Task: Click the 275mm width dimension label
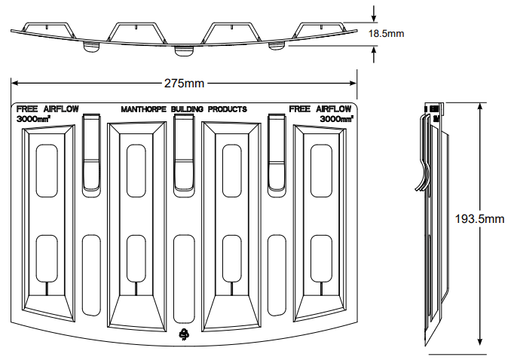click(184, 81)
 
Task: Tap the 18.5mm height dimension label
click(387, 34)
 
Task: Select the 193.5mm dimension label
click(480, 219)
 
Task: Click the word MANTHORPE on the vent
click(145, 109)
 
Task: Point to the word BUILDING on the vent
click(188, 109)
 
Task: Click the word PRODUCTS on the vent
click(228, 109)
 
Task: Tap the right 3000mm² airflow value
click(337, 119)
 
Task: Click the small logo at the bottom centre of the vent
click(183, 335)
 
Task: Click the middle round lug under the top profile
click(183, 51)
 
